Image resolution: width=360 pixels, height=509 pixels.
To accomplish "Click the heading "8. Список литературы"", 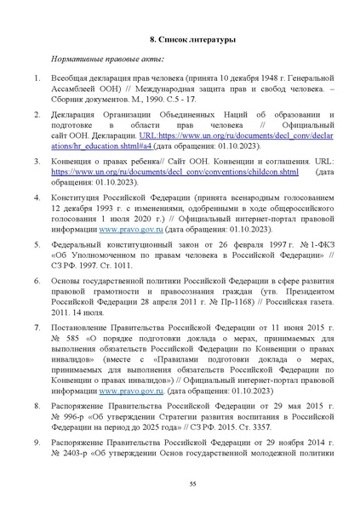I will point(180,40).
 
